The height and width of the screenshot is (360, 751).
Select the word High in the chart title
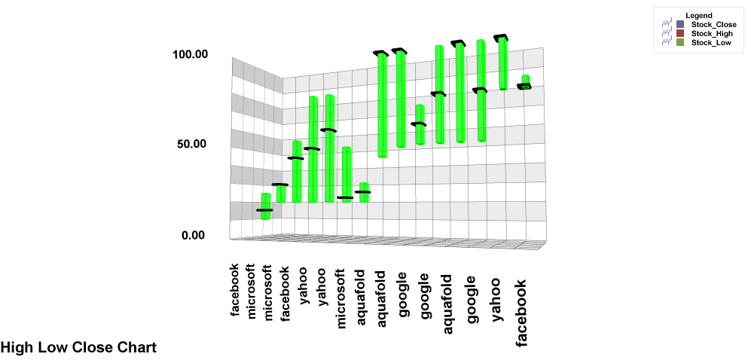[14, 347]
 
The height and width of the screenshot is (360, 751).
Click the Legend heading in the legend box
[699, 16]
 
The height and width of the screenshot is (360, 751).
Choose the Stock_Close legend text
[714, 25]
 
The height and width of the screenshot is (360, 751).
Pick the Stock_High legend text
[713, 34]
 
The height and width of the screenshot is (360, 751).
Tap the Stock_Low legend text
[711, 43]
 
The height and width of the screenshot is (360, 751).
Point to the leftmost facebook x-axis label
[235, 289]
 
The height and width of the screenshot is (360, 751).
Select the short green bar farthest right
[525, 81]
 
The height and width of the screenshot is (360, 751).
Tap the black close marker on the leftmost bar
[264, 210]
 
